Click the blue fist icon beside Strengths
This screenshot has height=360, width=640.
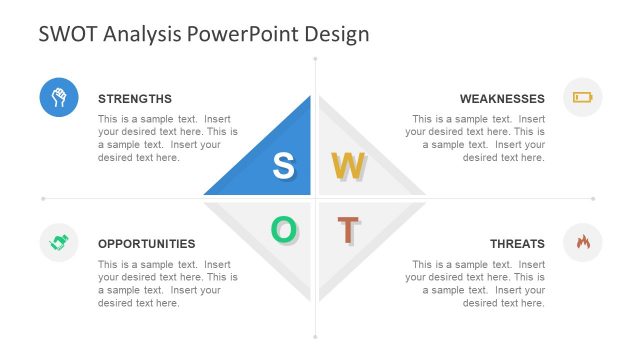tap(59, 97)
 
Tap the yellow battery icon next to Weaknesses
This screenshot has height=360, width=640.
tap(582, 97)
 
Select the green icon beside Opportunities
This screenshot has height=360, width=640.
tap(59, 242)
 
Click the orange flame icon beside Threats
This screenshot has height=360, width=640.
tap(582, 242)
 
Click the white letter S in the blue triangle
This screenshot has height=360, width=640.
tap(284, 166)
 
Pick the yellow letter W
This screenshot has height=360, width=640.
tap(348, 166)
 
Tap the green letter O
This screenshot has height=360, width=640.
tap(284, 230)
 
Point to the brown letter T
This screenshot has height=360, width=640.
tap(347, 230)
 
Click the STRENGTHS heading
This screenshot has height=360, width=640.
tap(135, 99)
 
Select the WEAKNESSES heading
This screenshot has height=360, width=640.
tap(502, 99)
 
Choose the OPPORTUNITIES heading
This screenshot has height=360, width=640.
tap(146, 243)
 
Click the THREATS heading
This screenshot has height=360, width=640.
tap(517, 243)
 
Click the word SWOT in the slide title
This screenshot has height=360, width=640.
tap(67, 34)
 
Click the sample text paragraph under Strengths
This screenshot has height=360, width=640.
tap(167, 138)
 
